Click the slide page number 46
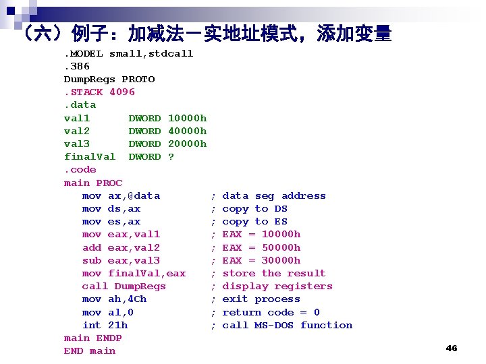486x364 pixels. point(452,348)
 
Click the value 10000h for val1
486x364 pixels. point(187,118)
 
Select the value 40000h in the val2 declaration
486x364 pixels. point(187,131)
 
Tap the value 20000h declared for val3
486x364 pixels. point(187,144)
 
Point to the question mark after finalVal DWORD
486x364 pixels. point(171,156)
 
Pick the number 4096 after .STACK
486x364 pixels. point(122,92)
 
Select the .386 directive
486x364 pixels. point(77,66)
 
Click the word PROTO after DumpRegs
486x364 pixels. point(138,79)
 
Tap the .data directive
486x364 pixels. point(80,104)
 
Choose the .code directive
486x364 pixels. point(80,169)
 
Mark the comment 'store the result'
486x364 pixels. point(273,273)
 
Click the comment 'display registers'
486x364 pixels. point(277,286)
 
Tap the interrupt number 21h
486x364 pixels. point(118,325)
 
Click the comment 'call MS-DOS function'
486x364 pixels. point(287,325)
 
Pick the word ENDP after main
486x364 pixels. point(109,338)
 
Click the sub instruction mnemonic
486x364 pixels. point(92,260)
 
